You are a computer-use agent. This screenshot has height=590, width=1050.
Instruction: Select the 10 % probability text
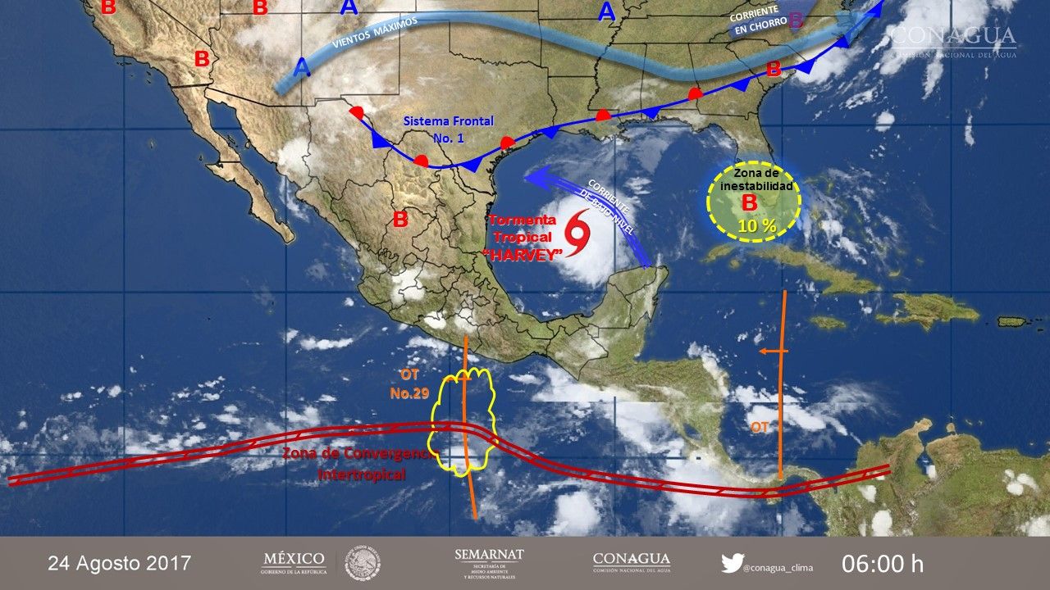tap(756, 225)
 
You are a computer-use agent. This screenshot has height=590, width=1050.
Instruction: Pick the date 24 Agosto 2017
tap(120, 564)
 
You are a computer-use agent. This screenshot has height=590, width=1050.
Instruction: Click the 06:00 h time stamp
tap(882, 564)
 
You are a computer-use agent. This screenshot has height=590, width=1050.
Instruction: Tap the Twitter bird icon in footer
tap(732, 564)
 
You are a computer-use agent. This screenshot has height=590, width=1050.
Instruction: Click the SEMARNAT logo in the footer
tap(489, 563)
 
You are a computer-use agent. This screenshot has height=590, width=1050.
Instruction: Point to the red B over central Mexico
tap(400, 220)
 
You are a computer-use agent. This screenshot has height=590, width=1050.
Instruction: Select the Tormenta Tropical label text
tap(523, 227)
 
